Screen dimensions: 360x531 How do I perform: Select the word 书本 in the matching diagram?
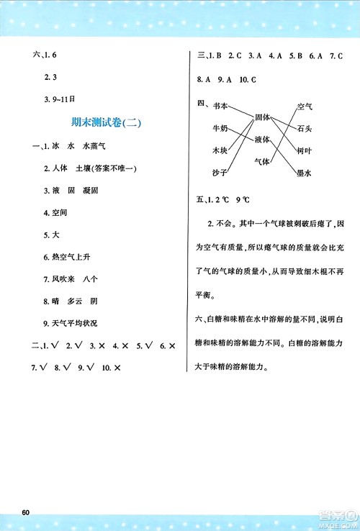220,106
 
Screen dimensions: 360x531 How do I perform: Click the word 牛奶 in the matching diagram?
220,129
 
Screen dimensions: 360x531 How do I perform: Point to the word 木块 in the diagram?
220,151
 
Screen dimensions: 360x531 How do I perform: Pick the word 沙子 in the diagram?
220,173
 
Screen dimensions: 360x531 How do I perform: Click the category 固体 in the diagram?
261,117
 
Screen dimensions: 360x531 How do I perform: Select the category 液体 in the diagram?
261,140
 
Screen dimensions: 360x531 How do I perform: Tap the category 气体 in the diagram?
261,162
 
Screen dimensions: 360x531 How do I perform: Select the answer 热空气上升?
69,258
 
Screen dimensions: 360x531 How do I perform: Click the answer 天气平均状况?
73,324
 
